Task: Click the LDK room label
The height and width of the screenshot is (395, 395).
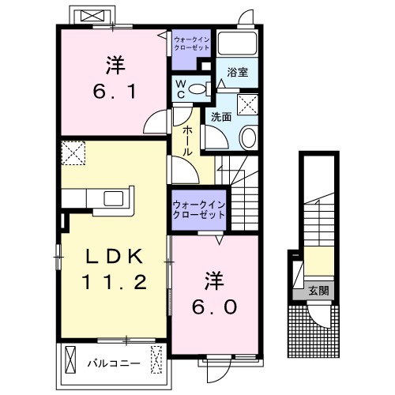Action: [x=115, y=256]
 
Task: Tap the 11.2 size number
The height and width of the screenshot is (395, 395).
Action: [x=114, y=281]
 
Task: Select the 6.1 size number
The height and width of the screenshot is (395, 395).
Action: [x=115, y=91]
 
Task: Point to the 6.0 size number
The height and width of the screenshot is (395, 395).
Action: [x=214, y=307]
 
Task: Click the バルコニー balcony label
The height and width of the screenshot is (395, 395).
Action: [x=114, y=363]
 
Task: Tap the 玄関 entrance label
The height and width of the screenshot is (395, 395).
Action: [x=318, y=291]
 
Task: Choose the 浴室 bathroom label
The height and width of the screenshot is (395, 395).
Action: [x=238, y=72]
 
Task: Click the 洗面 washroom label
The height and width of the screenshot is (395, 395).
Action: [x=221, y=117]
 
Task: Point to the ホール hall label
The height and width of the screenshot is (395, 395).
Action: [x=187, y=141]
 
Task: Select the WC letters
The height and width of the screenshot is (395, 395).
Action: [x=181, y=89]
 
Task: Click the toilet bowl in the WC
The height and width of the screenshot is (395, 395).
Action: [x=197, y=89]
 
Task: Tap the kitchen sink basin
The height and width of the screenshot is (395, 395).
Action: [x=114, y=198]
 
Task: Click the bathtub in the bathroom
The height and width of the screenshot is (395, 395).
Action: [x=237, y=43]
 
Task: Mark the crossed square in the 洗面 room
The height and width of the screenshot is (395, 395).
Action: [x=247, y=104]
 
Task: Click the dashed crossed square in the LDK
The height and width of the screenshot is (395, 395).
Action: [x=73, y=153]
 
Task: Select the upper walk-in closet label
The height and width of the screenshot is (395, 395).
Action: [x=192, y=43]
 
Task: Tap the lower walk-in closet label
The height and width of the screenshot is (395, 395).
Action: [x=199, y=210]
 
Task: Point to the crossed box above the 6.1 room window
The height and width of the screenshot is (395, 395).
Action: [x=92, y=16]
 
